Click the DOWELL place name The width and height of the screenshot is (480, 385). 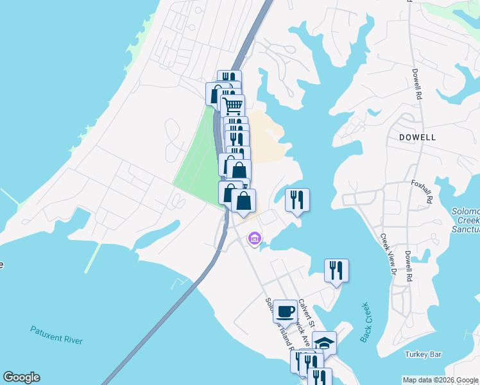click(x=417, y=137)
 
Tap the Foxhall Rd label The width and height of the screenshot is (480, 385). click(x=422, y=191)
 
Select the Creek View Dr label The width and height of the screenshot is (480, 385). click(x=386, y=254)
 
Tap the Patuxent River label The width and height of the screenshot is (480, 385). click(x=56, y=334)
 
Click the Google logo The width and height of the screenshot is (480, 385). click(x=21, y=377)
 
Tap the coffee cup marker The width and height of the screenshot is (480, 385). click(x=286, y=311)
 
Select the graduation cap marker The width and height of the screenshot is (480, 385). click(x=325, y=343)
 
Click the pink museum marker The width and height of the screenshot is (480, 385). click(x=254, y=239)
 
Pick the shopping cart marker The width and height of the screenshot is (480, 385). click(x=232, y=105)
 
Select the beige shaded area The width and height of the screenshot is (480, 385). click(x=266, y=135)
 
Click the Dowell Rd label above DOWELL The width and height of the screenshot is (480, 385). click(x=417, y=83)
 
